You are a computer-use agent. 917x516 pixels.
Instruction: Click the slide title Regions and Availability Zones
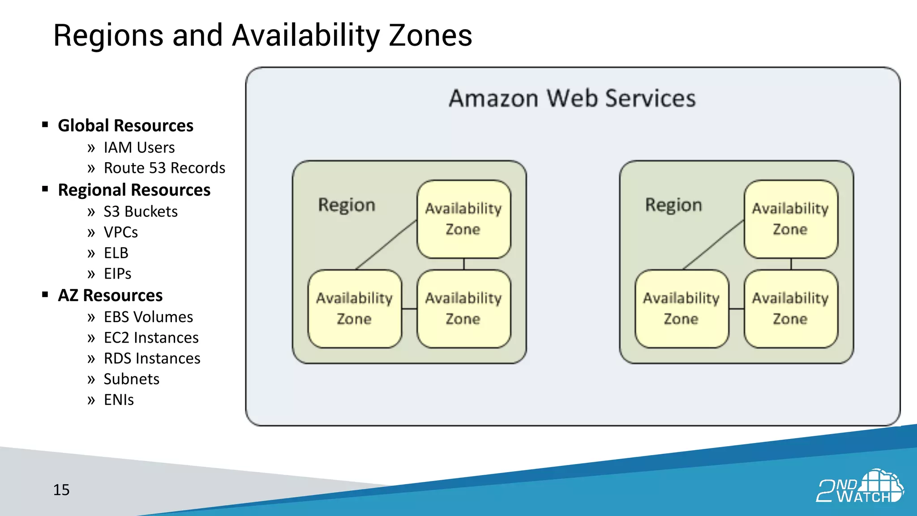(x=262, y=36)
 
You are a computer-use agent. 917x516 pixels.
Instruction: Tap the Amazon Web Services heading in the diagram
(x=572, y=99)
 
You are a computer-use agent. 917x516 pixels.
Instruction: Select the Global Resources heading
(x=125, y=126)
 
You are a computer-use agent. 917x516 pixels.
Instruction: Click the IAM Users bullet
(x=139, y=147)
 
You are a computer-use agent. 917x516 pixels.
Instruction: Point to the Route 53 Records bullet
(x=164, y=168)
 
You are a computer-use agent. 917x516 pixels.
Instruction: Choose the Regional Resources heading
(x=134, y=190)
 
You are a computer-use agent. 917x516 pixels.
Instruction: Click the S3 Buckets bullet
(x=141, y=211)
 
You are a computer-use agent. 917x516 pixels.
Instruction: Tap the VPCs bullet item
(x=120, y=232)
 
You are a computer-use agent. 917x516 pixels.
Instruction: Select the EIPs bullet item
(x=117, y=274)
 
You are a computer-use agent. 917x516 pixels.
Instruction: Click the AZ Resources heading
(x=110, y=296)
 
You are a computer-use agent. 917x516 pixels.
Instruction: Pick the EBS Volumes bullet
(x=148, y=317)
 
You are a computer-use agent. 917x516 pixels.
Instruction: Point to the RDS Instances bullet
(x=152, y=358)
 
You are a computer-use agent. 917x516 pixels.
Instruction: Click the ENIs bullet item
(x=119, y=400)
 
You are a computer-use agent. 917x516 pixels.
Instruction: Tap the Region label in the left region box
(x=347, y=205)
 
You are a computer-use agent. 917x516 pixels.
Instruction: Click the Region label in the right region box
(x=673, y=205)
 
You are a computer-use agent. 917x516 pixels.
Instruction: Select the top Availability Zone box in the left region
(x=463, y=219)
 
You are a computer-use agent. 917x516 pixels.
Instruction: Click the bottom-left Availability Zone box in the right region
(x=681, y=309)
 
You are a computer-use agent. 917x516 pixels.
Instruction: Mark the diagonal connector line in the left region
(x=386, y=245)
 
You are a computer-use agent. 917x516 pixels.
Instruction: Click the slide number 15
(x=61, y=490)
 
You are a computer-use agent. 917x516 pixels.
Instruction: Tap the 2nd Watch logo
(x=859, y=487)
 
